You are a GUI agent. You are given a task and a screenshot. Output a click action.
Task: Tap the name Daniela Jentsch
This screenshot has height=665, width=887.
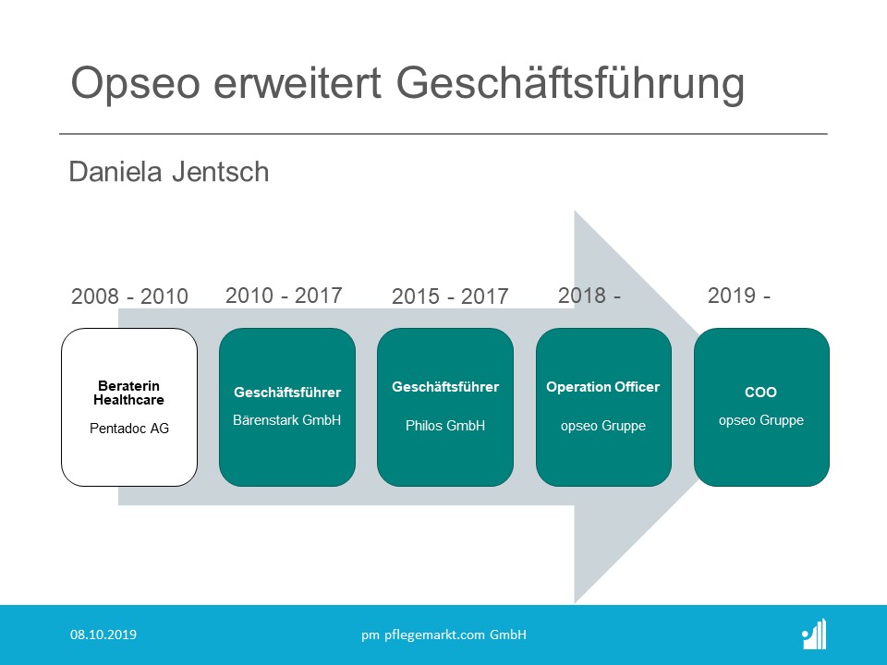[168, 172]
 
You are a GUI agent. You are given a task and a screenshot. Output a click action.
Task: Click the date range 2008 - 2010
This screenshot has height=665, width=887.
[129, 296]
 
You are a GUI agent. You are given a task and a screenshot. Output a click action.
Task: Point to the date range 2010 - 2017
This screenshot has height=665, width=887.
[284, 296]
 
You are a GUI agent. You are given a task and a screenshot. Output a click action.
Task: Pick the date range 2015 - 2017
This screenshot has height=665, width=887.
[450, 296]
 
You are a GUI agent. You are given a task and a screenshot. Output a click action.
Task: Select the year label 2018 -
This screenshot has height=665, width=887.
[589, 296]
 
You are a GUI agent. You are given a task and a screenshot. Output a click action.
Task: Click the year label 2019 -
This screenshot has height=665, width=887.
[739, 296]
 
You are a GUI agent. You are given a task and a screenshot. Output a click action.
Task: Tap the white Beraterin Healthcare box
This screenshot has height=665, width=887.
[129, 407]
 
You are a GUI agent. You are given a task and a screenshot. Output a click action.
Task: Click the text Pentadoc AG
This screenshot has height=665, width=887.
[129, 429]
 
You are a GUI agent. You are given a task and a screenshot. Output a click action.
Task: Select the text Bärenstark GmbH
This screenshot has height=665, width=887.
[286, 420]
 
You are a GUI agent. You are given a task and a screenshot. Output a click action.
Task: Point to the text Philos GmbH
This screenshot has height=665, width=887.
[445, 426]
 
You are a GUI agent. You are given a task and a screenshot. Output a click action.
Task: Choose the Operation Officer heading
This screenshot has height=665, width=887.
[603, 387]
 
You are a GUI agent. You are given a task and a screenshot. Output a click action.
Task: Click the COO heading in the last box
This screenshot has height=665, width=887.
[760, 393]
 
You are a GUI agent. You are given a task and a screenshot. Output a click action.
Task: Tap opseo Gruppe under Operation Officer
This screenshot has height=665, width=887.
[603, 426]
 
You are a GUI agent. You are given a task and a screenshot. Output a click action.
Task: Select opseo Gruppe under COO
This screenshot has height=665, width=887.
[761, 421]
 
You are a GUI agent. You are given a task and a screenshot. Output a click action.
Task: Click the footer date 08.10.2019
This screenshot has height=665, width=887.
[103, 635]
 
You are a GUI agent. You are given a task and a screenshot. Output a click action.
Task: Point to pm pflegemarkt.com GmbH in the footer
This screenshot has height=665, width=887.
[444, 635]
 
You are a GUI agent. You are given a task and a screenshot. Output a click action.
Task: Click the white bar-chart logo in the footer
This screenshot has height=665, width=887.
[814, 634]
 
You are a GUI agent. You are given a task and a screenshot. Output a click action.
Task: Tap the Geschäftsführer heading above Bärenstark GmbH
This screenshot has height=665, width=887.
[287, 393]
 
